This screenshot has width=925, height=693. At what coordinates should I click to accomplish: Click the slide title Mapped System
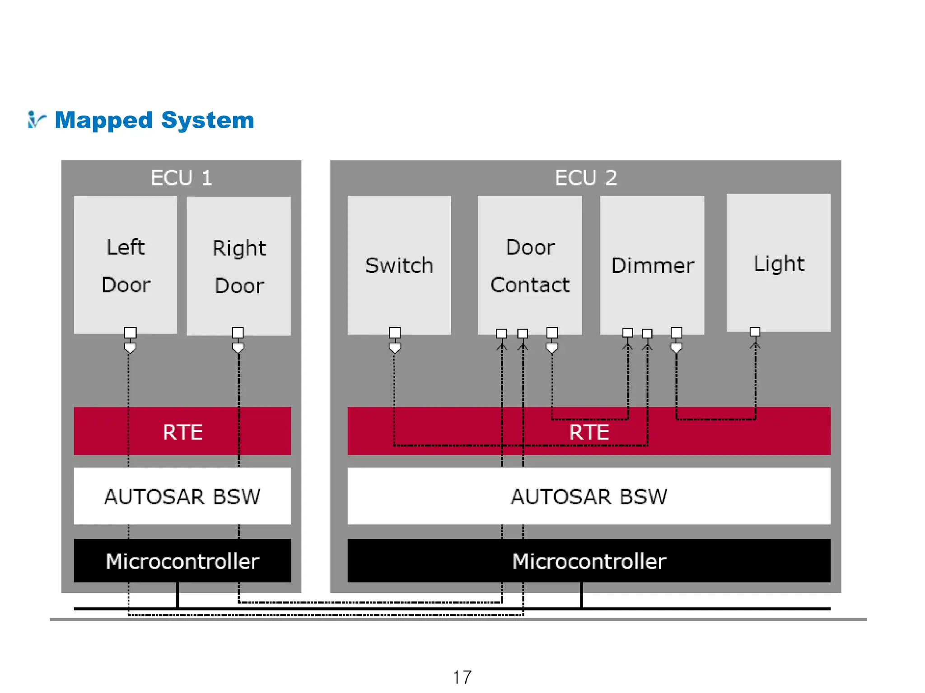pyautogui.click(x=154, y=120)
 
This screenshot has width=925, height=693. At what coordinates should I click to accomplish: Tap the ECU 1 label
pyautogui.click(x=181, y=178)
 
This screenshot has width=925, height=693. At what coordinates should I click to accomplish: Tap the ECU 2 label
pyautogui.click(x=585, y=178)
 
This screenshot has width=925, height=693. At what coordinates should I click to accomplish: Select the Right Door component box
pyautogui.click(x=238, y=266)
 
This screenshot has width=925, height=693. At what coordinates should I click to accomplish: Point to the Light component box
pyautogui.click(x=778, y=263)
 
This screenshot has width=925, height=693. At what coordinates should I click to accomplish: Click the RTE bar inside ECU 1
pyautogui.click(x=182, y=431)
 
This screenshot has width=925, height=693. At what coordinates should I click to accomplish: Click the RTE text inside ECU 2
pyautogui.click(x=589, y=432)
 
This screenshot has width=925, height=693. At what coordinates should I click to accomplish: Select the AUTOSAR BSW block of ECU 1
pyautogui.click(x=182, y=496)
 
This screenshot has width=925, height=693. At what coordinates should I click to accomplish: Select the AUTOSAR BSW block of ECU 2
pyautogui.click(x=589, y=496)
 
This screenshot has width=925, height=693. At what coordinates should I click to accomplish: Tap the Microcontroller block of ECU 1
pyautogui.click(x=182, y=561)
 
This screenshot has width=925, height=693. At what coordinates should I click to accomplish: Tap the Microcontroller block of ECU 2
pyautogui.click(x=589, y=561)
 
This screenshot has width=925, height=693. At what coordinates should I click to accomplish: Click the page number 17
pyautogui.click(x=462, y=677)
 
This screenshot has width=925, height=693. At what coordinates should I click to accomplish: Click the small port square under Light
pyautogui.click(x=755, y=332)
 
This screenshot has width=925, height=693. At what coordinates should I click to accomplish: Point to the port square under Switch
pyautogui.click(x=395, y=333)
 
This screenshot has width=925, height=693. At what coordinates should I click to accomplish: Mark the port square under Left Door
pyautogui.click(x=130, y=333)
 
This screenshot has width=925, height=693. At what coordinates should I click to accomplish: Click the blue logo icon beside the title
pyautogui.click(x=36, y=120)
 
